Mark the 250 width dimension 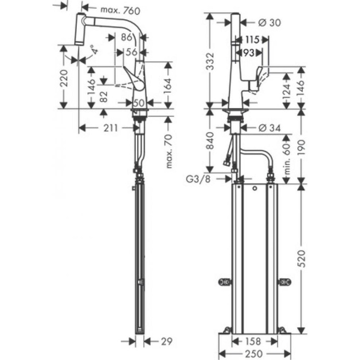point(254,354)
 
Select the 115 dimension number point(253,39)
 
